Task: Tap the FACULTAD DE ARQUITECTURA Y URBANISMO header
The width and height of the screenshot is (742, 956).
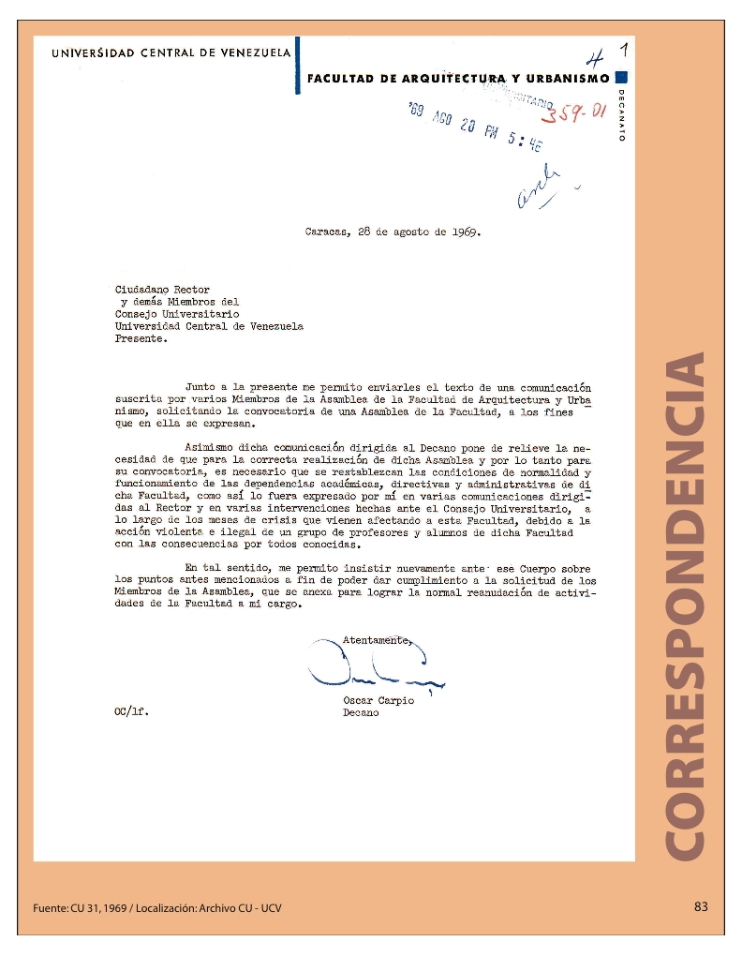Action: [458, 79]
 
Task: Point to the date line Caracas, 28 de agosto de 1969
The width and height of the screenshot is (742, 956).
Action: [393, 232]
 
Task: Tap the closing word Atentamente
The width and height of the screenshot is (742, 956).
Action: [376, 640]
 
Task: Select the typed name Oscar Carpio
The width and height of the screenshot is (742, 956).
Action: [378, 701]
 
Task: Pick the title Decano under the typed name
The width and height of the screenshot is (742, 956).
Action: [361, 713]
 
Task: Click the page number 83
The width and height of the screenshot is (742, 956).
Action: [701, 906]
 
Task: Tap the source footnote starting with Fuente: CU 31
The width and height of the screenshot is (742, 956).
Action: [156, 908]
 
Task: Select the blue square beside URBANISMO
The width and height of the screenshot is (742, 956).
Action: [623, 78]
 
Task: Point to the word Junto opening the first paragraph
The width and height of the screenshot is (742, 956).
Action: [201, 385]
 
